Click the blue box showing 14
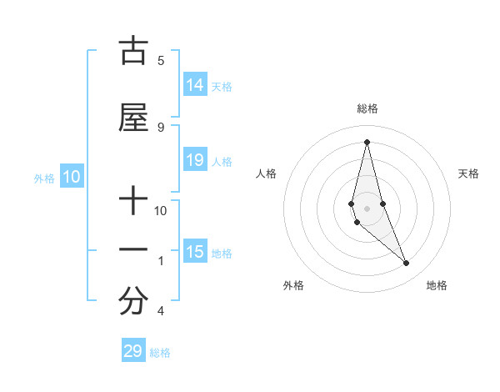pyautogui.click(x=195, y=85)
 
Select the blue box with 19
pyautogui.click(x=195, y=160)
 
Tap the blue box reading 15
pyautogui.click(x=195, y=252)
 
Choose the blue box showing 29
pyautogui.click(x=133, y=351)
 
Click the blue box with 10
pyautogui.click(x=72, y=177)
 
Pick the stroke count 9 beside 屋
pyautogui.click(x=160, y=127)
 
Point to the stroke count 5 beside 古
pyautogui.click(x=160, y=60)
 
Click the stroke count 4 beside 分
pyautogui.click(x=160, y=311)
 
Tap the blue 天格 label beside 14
pyautogui.click(x=222, y=86)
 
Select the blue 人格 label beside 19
pyautogui.click(x=222, y=161)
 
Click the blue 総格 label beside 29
pyautogui.click(x=160, y=353)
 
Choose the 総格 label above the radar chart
pyautogui.click(x=367, y=108)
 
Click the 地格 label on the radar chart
pyautogui.click(x=437, y=285)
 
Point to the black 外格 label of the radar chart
pyautogui.click(x=293, y=285)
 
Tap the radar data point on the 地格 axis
pyautogui.click(x=407, y=264)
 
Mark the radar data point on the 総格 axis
pyautogui.click(x=367, y=142)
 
